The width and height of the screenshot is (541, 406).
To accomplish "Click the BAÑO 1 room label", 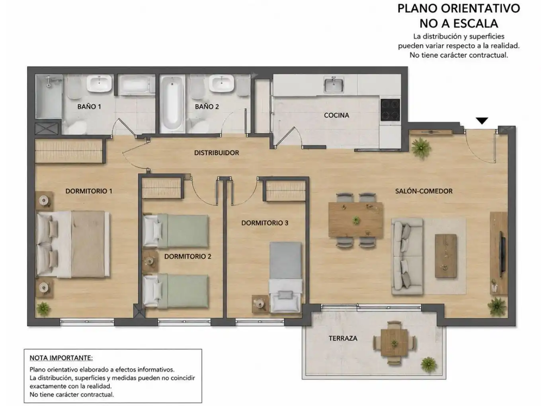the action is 89,106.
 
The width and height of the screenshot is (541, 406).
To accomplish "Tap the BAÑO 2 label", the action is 207,106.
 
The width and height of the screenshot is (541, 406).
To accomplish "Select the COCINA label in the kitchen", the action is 336,115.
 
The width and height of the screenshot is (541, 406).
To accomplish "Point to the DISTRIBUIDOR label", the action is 217,153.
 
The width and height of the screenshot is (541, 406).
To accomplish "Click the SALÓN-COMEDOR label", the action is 424,191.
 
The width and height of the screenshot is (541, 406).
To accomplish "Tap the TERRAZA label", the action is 343,338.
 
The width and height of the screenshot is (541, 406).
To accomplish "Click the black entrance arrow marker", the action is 482,121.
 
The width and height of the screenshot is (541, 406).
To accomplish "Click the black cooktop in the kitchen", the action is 390,110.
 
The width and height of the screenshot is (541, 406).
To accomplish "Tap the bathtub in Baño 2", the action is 172,104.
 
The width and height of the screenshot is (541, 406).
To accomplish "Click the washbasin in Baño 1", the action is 99,83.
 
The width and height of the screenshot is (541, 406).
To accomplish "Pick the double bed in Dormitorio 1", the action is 73,244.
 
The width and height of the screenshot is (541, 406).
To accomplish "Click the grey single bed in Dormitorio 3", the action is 286,277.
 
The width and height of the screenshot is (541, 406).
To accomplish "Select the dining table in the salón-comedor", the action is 355,220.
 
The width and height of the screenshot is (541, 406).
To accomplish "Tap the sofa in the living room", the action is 407,256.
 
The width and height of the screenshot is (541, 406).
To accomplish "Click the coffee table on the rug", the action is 445,256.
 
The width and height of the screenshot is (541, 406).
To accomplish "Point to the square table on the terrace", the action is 394,343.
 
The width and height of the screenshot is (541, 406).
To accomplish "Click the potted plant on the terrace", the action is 429,365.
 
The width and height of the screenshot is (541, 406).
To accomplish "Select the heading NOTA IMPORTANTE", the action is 61,358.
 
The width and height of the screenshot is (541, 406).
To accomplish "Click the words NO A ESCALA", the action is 459,24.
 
